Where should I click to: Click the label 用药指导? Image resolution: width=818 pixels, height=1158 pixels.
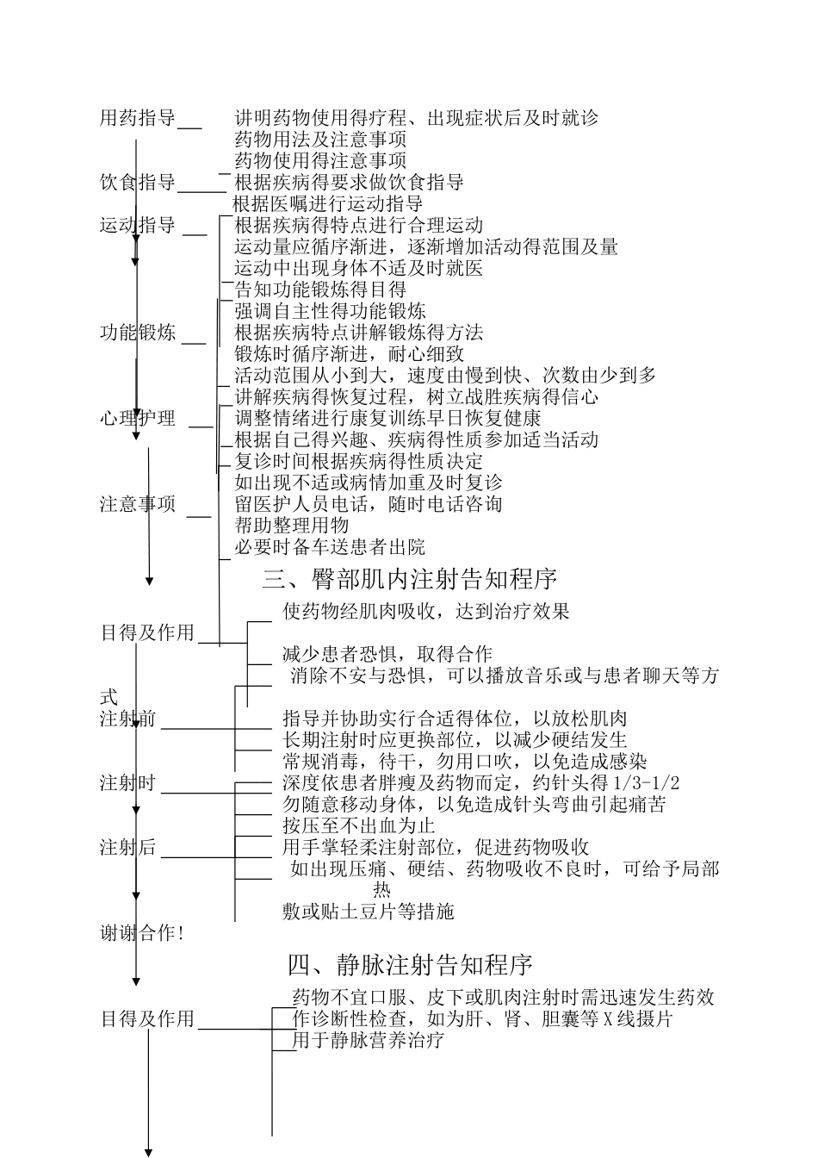coord(138,118)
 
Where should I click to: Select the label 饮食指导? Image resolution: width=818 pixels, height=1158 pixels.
coord(138,183)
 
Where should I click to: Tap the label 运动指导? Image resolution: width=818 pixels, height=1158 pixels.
coord(138,226)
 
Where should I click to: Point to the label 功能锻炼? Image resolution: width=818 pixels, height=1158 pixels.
coord(138,333)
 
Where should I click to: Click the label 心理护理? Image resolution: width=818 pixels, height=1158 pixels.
coord(138,419)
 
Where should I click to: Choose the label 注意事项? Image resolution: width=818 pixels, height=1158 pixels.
coord(138,504)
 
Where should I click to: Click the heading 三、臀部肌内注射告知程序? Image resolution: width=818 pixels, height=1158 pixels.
coord(410,579)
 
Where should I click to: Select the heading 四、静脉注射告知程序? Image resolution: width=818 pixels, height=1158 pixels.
coord(410,963)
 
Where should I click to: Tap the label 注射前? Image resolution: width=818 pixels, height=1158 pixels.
coord(128,719)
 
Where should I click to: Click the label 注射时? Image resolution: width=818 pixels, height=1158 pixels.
coord(128,783)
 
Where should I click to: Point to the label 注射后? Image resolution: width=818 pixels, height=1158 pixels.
coord(128,848)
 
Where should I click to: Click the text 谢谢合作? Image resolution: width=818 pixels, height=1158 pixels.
coord(143,933)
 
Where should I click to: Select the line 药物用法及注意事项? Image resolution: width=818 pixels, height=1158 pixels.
coord(320,140)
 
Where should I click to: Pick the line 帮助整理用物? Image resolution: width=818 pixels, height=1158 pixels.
coord(292,526)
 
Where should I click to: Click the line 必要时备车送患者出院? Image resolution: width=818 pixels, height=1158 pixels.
coord(330,547)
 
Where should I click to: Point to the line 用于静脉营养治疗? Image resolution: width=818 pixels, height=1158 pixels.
coord(369,1040)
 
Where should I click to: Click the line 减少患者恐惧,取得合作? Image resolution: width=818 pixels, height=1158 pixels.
coord(387,654)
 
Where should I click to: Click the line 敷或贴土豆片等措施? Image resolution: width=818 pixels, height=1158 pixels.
coord(368,912)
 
